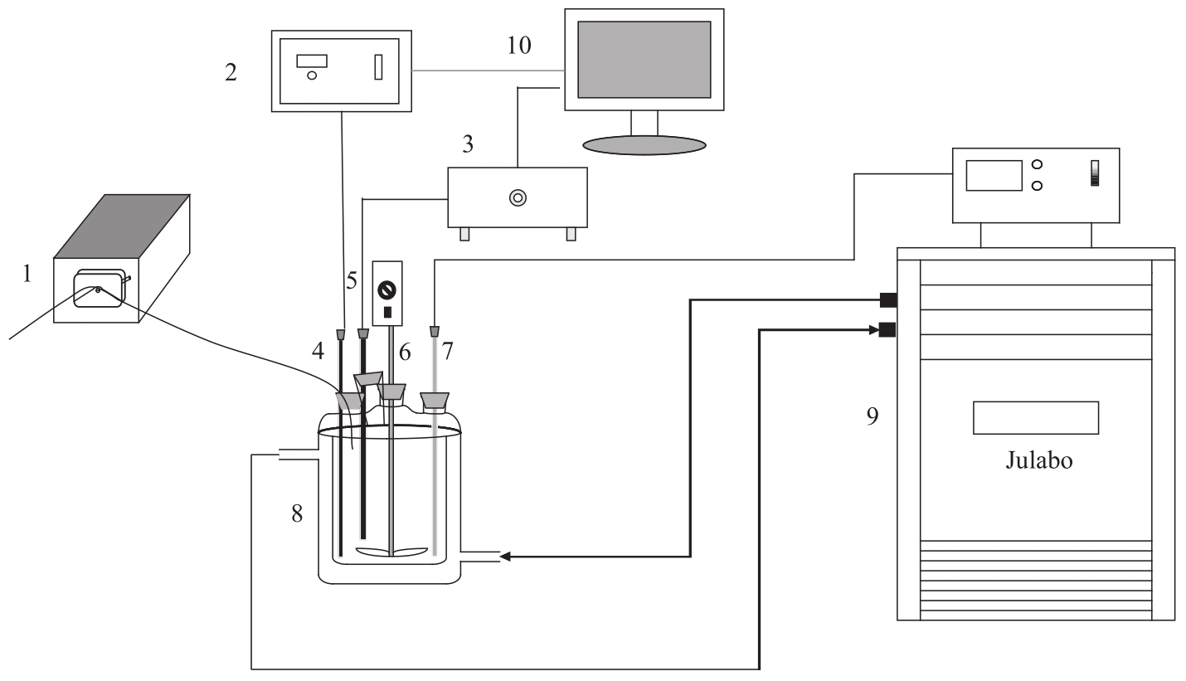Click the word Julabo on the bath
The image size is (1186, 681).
pos(1039,460)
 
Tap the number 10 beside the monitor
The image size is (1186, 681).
pos(519,46)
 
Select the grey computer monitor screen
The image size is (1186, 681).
pos(644,60)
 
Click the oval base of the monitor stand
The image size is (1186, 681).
pos(644,145)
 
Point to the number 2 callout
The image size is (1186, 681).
pos(231,72)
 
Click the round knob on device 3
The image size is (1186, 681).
pos(518,198)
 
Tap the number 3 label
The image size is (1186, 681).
pos(468,144)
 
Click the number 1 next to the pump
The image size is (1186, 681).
pos(27,274)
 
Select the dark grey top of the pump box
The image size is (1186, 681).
pos(122,226)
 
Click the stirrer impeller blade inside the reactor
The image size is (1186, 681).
pos(391,552)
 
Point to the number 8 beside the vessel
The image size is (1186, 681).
pos(297,513)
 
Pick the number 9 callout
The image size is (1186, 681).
pos(872,416)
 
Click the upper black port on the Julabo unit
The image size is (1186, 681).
pos(888,300)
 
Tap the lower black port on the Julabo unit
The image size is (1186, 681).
pos(887,330)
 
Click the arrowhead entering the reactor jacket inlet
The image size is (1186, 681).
pos(505,557)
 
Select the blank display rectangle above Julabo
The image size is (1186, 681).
pos(1036,418)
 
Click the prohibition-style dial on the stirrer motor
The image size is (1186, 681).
pos(387,290)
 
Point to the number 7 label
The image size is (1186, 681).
pos(447,351)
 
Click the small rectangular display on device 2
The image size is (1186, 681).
pos(312,61)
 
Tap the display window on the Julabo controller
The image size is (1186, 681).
pos(994,175)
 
